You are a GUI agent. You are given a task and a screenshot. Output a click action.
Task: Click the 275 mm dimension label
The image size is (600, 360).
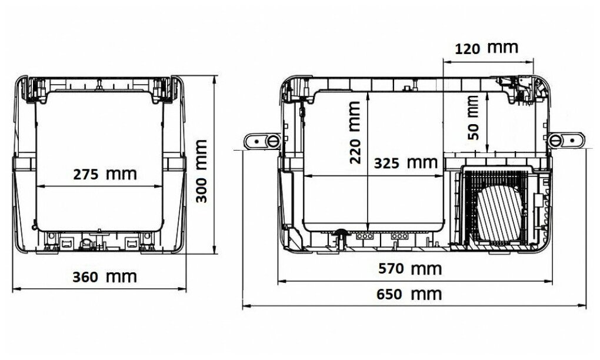(105, 174)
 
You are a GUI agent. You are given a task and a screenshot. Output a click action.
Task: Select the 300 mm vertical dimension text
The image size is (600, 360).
(201, 171)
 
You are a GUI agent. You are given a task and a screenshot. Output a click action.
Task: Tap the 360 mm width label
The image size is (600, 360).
(105, 276)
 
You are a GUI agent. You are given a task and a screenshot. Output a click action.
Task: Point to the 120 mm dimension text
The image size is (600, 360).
(486, 48)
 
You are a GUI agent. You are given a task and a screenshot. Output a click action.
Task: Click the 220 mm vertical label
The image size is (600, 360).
(355, 133)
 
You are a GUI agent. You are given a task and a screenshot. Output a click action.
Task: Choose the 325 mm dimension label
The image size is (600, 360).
(406, 163)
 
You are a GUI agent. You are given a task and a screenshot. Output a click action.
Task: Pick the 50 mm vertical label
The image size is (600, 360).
(473, 118)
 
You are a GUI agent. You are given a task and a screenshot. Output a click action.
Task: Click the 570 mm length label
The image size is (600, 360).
(410, 269)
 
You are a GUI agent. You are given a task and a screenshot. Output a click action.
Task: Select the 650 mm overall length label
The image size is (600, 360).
(409, 294)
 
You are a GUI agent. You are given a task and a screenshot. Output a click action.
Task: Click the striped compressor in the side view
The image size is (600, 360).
(499, 214)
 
